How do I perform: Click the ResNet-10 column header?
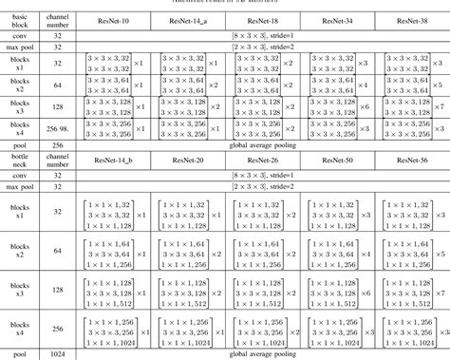[x=111, y=17]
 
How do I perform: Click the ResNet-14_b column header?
[x=111, y=160]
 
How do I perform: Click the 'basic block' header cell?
[x=20, y=17]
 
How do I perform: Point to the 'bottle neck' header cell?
[x=20, y=160]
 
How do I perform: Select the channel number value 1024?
[x=57, y=352]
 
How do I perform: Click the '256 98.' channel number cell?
[x=57, y=130]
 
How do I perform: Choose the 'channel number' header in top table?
[x=57, y=17]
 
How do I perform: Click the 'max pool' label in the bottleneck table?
[x=20, y=189]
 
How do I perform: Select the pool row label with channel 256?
[x=20, y=145]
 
